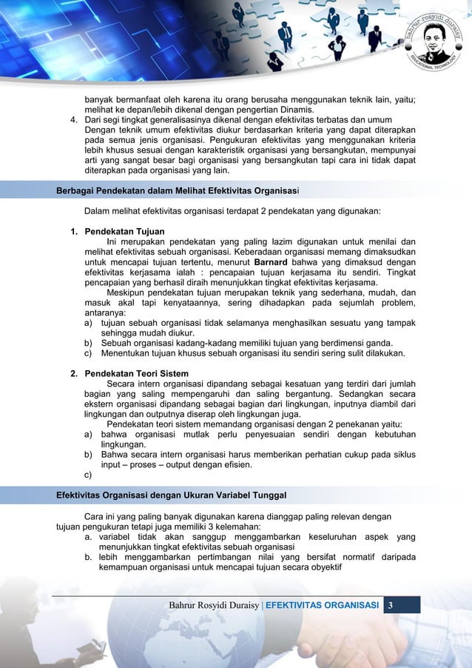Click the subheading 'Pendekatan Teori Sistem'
point(137,373)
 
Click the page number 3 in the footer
point(392,607)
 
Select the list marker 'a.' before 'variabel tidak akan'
point(88,536)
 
